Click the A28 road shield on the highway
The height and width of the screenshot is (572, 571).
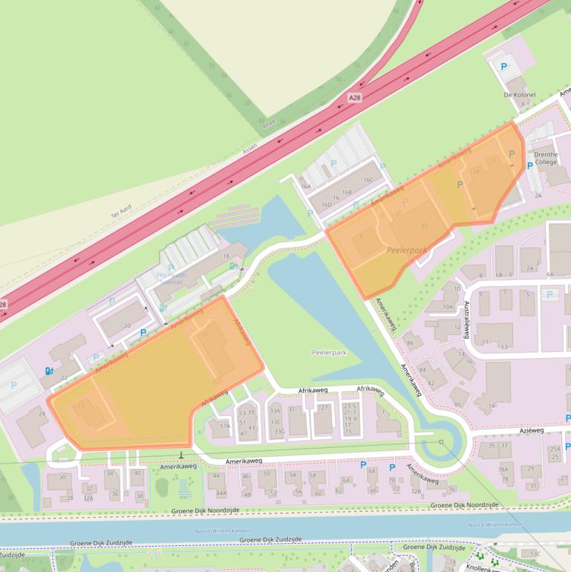355,97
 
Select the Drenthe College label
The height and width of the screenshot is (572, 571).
545,157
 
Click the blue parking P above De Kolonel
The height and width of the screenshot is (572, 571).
505,66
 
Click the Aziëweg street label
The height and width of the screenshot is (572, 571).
532,430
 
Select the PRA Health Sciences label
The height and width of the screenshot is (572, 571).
169,278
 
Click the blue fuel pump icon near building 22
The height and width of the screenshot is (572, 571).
50,370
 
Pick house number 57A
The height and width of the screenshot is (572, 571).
224,426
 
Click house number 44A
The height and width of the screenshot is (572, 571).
221,493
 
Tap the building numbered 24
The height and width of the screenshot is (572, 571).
42,414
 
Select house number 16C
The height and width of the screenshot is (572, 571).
368,180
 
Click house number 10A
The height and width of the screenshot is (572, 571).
448,305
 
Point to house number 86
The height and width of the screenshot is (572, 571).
410,342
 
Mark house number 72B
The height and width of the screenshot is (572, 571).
416,491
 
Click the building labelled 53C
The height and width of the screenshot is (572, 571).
535,553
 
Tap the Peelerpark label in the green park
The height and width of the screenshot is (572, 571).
329,352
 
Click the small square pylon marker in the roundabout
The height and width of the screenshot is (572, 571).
440,442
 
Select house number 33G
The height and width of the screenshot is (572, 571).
279,431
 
